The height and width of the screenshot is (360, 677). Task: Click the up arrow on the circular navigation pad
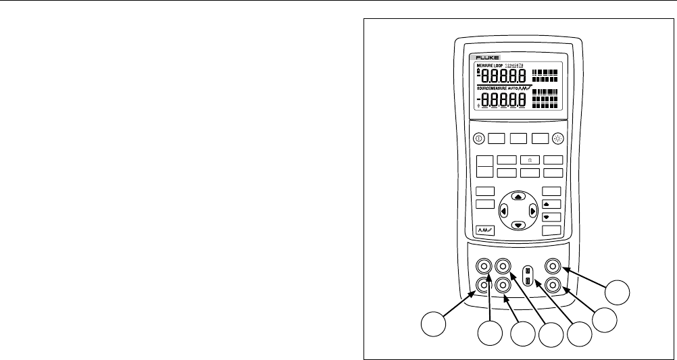tap(518, 197)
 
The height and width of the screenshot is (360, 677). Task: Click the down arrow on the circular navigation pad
tap(518, 226)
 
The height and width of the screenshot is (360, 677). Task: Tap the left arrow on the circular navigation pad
tap(503, 211)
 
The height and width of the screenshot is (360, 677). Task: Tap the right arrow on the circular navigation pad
tap(533, 211)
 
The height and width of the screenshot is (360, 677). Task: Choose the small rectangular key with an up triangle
tap(552, 204)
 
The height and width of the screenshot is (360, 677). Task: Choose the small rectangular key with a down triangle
tap(552, 217)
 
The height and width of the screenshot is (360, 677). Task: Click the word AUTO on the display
tap(518, 89)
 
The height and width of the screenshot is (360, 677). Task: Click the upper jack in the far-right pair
tap(554, 266)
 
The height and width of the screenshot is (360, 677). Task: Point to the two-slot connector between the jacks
tap(528, 275)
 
